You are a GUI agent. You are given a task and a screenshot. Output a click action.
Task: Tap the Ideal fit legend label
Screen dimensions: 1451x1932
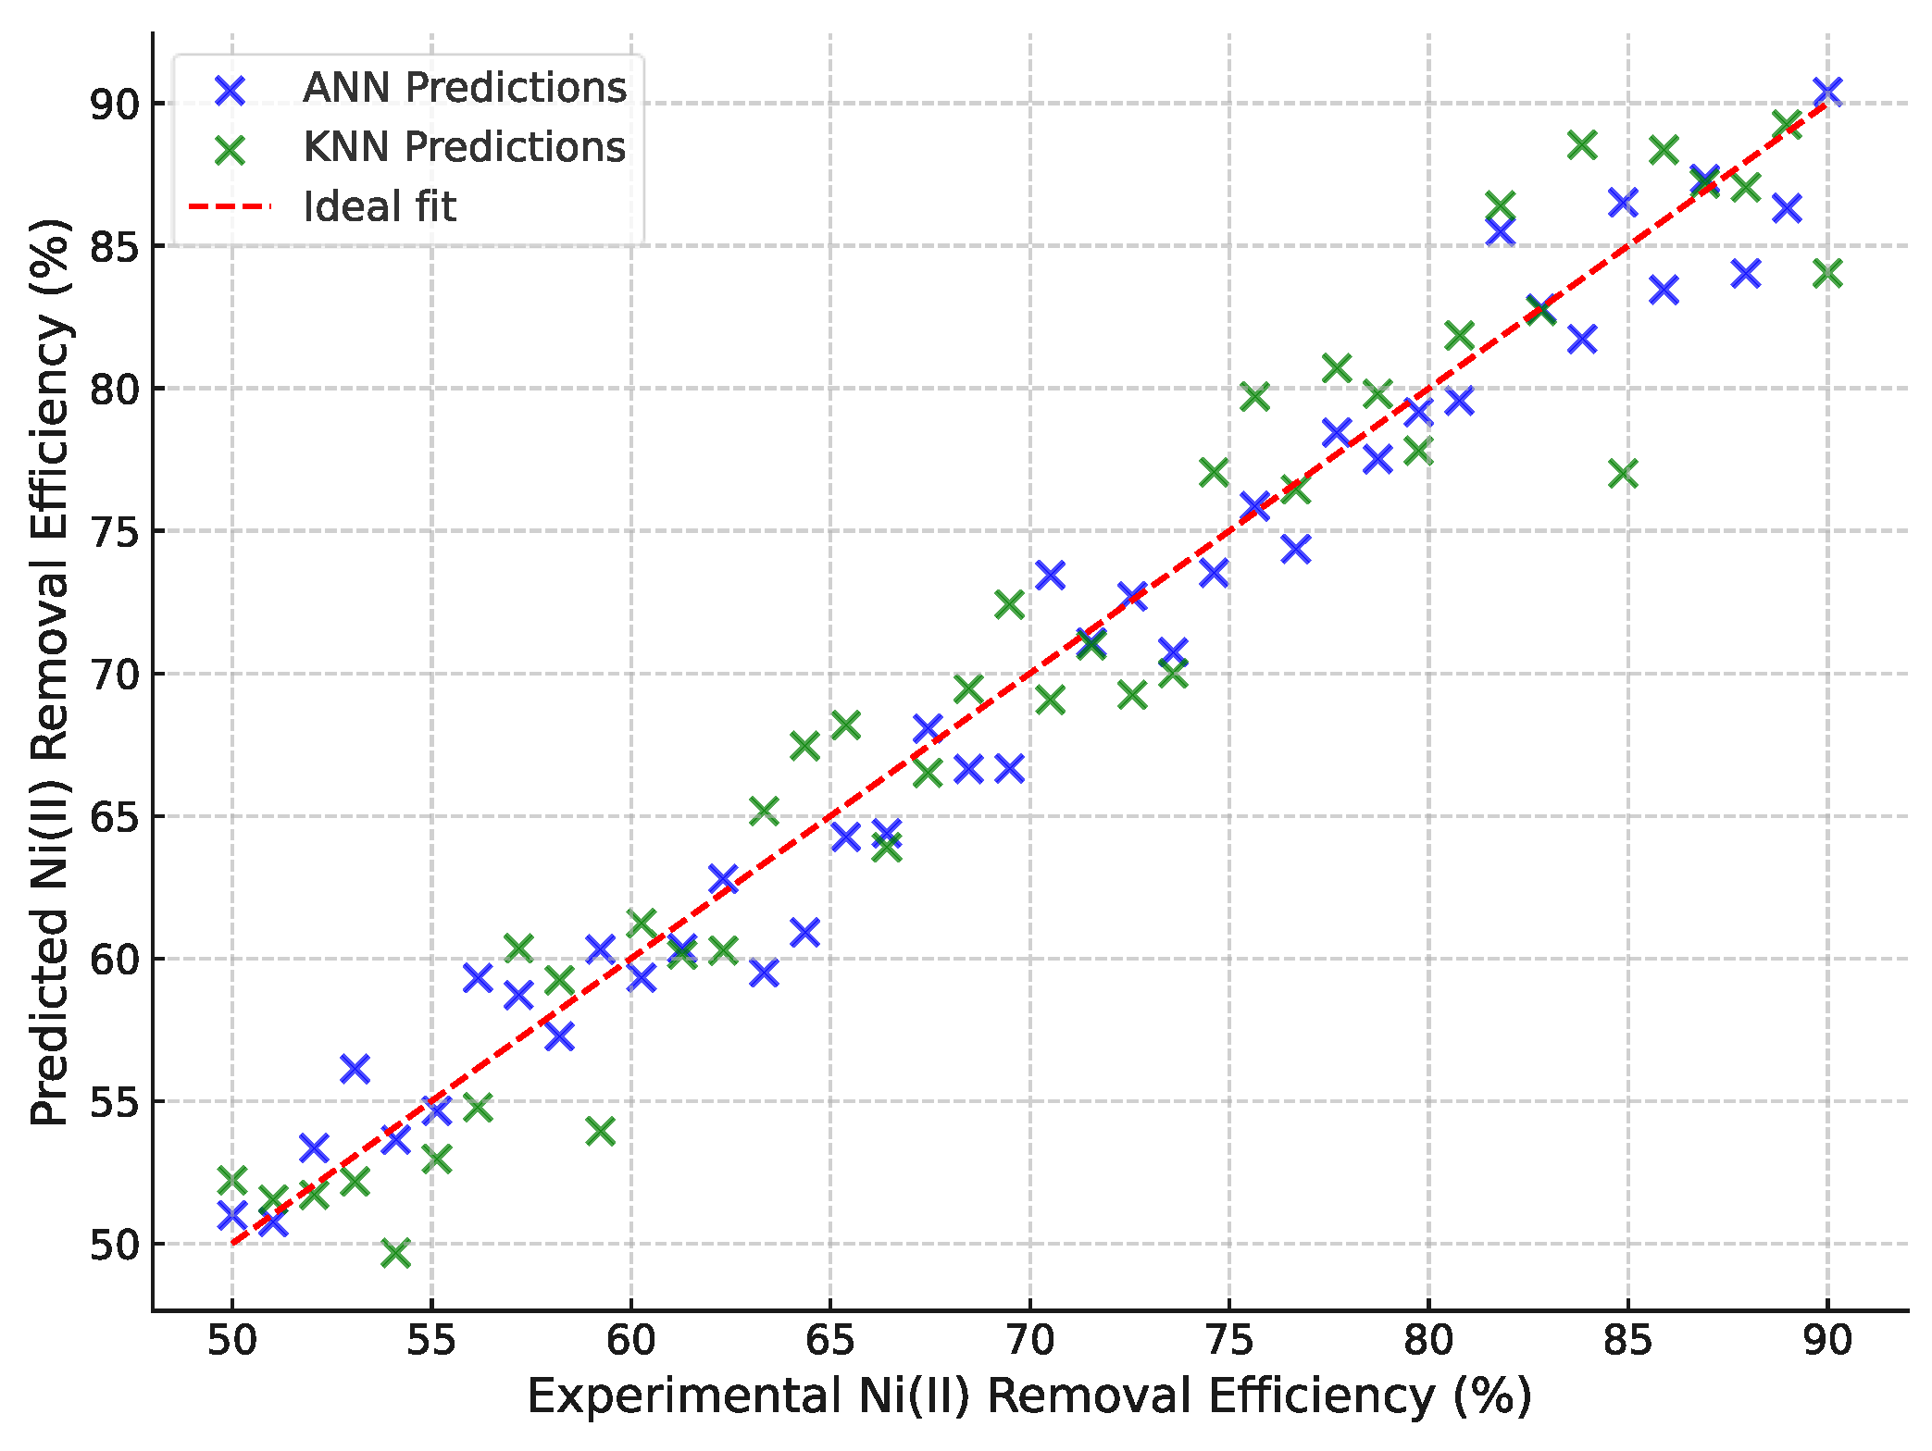[380, 207]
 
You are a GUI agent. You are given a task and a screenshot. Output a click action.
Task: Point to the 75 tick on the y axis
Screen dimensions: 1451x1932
[114, 532]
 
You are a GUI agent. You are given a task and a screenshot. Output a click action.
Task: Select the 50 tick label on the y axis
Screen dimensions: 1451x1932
[114, 1246]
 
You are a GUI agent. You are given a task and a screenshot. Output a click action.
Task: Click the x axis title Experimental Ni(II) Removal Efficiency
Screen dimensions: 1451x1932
[1028, 1397]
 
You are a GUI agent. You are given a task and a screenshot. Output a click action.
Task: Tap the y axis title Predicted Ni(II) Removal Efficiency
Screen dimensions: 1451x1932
[50, 673]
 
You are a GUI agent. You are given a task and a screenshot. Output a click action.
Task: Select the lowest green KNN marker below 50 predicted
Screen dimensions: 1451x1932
[395, 1254]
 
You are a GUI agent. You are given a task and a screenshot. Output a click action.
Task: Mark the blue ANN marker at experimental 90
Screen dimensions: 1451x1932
[1826, 92]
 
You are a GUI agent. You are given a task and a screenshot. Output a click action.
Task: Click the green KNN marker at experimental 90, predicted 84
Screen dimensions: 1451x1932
[1827, 274]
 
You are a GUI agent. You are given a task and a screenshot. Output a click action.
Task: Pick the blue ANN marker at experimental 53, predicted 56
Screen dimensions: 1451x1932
[355, 1069]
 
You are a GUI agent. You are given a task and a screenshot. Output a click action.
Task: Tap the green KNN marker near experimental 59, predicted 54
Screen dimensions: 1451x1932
[600, 1131]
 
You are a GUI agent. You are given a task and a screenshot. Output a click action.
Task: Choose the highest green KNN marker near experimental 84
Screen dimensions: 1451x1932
[1582, 145]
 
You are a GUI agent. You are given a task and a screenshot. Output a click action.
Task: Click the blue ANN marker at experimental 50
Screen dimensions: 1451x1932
[231, 1215]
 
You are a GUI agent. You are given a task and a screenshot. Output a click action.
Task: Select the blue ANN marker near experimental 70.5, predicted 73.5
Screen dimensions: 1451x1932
[1049, 576]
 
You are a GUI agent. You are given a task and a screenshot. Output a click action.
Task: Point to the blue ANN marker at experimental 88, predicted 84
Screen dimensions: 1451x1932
[1745, 274]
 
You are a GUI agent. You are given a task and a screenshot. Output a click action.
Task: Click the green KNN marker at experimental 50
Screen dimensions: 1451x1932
[231, 1180]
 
